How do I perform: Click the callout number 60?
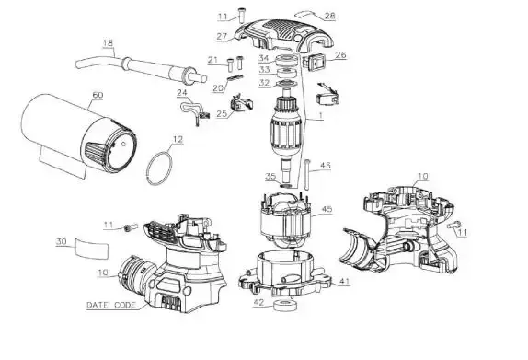[98, 95]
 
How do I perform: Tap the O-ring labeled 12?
[148, 168]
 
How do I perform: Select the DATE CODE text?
[111, 305]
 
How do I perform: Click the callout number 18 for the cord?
[108, 43]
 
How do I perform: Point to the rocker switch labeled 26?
[312, 62]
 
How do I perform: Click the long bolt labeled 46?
[306, 174]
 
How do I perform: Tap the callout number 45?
[327, 209]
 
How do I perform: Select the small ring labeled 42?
[284, 306]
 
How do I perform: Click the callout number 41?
[344, 281]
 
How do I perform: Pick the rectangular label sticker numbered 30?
[92, 248]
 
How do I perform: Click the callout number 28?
[330, 16]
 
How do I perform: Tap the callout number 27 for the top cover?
[222, 36]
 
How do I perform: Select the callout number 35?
[270, 176]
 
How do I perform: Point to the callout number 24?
[182, 93]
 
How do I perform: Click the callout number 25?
[222, 113]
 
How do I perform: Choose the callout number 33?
[264, 70]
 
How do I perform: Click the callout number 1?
[321, 116]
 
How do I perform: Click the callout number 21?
[212, 60]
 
